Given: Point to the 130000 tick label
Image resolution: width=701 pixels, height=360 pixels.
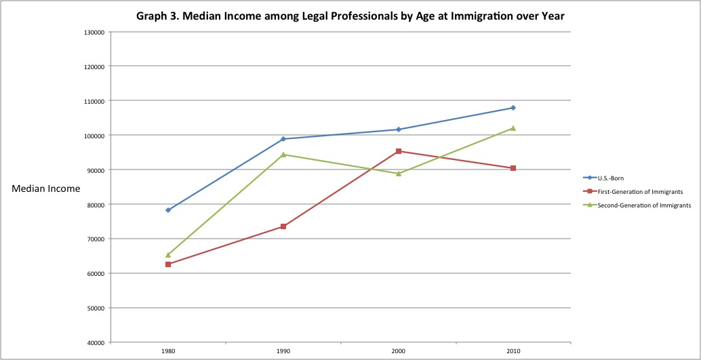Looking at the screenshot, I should click(94, 32).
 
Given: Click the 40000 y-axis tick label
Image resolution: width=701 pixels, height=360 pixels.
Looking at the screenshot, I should click(96, 342).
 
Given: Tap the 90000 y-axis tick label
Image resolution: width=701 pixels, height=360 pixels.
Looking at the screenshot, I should click(96, 169).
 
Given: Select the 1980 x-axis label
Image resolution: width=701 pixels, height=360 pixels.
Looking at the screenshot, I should click(168, 352).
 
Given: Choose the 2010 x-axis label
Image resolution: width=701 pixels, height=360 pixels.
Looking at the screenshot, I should click(513, 352).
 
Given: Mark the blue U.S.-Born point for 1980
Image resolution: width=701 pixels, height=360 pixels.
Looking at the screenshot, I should click(168, 210).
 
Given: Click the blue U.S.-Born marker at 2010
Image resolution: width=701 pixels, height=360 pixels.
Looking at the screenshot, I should click(513, 108).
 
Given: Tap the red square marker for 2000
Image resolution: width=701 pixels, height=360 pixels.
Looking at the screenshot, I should click(398, 151).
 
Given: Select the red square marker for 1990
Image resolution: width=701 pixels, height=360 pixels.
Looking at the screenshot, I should click(283, 226).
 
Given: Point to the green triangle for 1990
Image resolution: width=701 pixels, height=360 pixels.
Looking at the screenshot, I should click(283, 155).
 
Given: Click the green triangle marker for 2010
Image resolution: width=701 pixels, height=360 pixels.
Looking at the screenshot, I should click(513, 128).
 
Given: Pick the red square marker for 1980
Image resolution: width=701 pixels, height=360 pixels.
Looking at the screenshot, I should click(168, 264).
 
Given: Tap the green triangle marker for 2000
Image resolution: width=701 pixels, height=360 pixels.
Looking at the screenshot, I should click(398, 174).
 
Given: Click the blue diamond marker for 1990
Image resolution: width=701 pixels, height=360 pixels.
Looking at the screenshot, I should click(283, 139).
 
